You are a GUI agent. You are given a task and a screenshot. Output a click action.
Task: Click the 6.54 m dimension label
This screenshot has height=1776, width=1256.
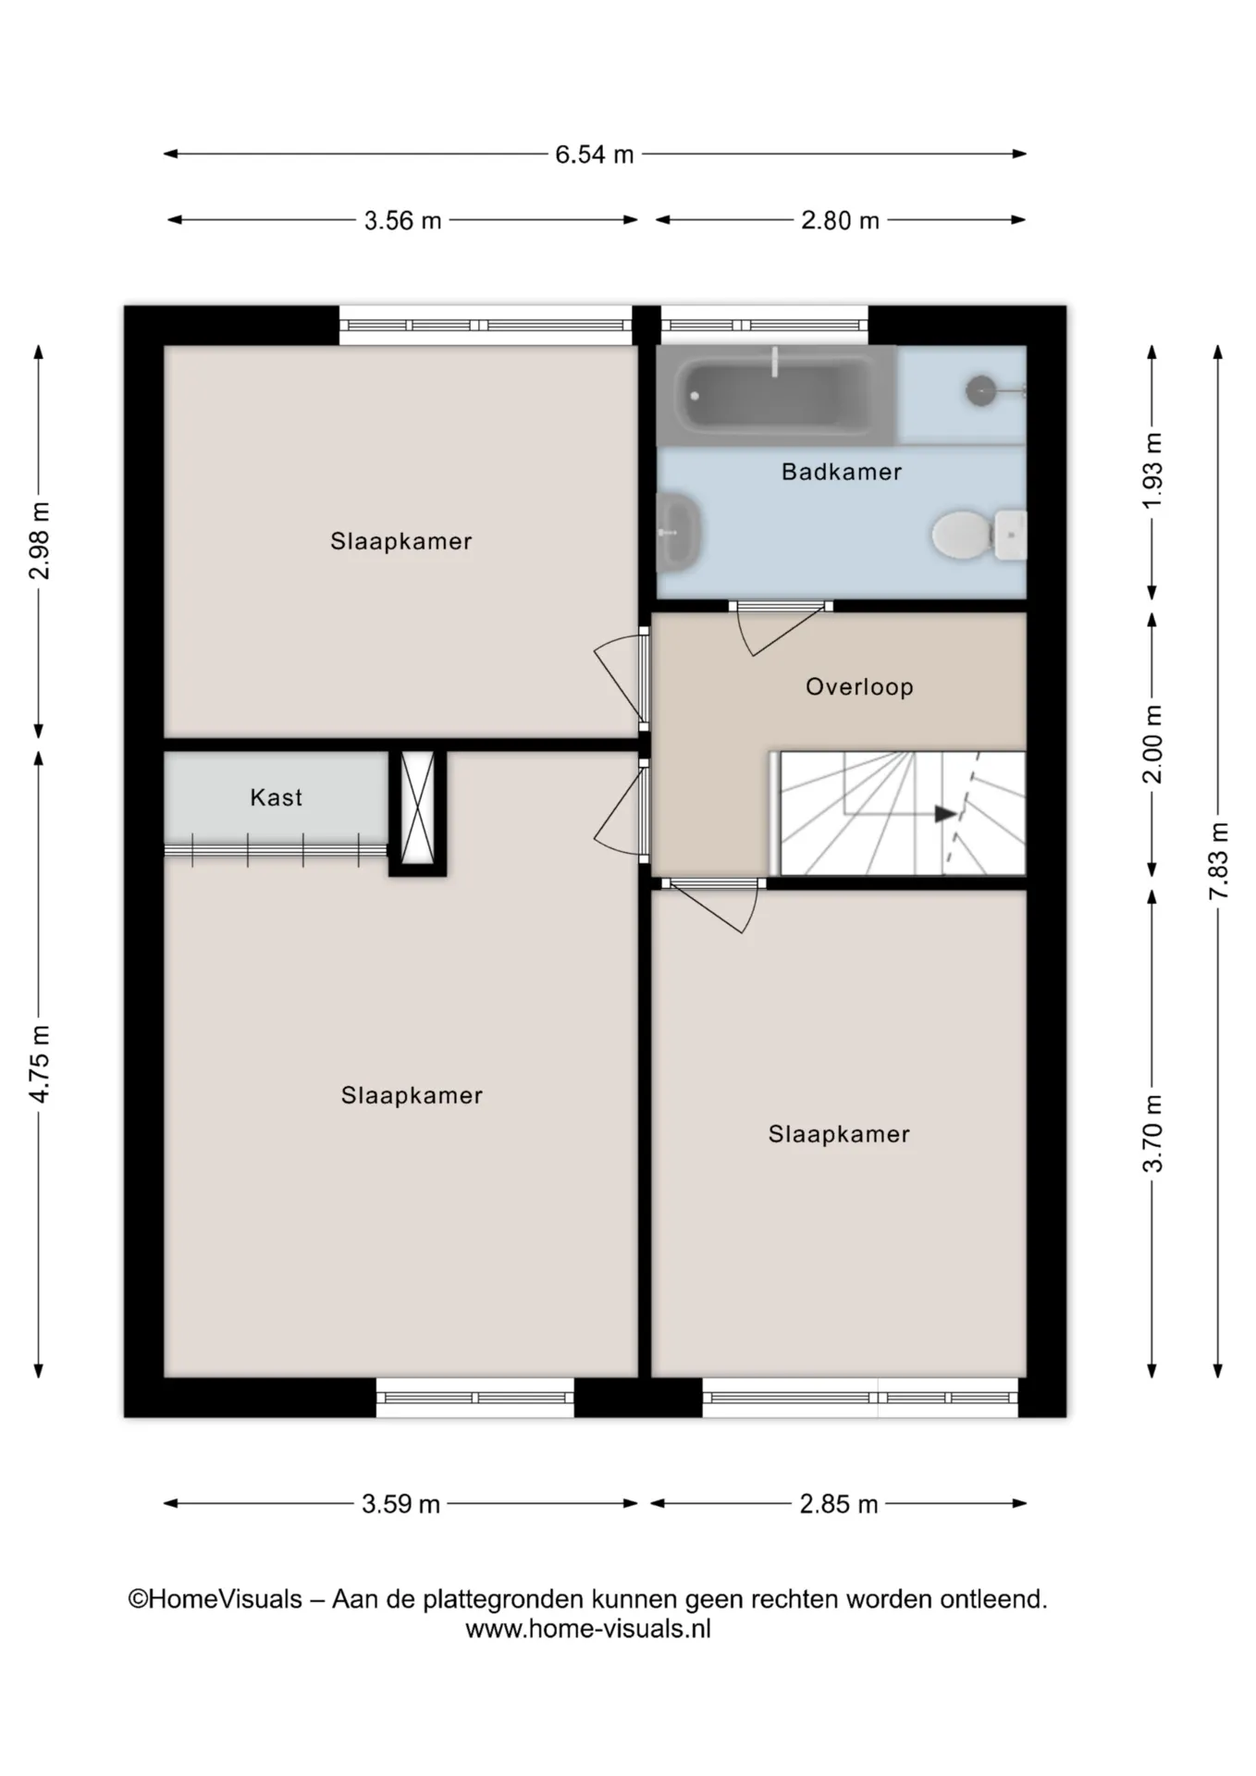(594, 154)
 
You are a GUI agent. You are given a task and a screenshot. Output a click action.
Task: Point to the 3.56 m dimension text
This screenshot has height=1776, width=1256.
(402, 221)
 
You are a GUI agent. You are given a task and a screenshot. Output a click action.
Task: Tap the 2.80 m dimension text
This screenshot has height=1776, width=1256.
(840, 221)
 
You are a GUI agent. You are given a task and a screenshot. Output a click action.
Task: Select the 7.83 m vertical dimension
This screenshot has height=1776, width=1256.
(1218, 860)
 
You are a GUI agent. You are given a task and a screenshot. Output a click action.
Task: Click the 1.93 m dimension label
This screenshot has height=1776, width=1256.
(1151, 471)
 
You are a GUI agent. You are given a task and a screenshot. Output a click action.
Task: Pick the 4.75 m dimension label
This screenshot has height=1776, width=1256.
(39, 1064)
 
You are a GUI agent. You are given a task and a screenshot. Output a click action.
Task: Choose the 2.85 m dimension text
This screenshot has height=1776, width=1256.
(839, 1504)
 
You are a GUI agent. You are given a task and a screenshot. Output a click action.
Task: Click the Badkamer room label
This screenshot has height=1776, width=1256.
(842, 472)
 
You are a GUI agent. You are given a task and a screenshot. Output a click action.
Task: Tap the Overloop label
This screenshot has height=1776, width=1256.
(859, 686)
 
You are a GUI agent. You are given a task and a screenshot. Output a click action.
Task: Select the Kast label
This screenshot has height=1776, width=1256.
(276, 797)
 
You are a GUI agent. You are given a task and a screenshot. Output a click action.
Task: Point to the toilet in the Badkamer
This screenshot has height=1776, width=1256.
(979, 535)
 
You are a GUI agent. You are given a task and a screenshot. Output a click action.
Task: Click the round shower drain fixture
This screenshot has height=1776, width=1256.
(980, 391)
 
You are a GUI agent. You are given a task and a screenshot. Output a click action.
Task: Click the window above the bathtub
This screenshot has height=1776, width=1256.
(764, 326)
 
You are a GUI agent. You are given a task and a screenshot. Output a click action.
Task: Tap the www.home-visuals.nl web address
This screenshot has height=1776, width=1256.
(588, 1629)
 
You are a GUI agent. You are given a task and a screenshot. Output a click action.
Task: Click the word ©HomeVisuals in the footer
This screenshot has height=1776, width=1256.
(215, 1599)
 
